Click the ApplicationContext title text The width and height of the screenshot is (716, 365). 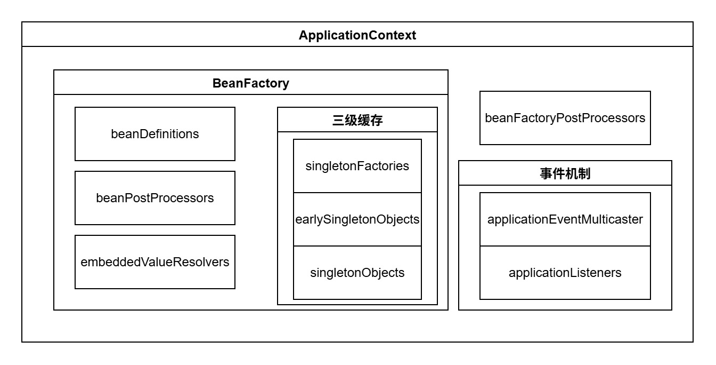[357, 35]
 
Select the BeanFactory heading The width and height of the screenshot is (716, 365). [250, 83]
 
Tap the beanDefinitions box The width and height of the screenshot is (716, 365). [154, 134]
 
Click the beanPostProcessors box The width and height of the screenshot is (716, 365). [154, 198]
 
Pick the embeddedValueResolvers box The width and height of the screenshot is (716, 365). [154, 262]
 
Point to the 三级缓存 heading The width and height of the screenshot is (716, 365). [357, 121]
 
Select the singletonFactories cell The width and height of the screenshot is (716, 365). [357, 166]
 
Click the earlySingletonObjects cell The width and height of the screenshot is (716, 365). [357, 219]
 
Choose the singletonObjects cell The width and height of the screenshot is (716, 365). [357, 273]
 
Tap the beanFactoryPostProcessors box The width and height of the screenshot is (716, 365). [565, 118]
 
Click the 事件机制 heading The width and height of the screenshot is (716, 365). [565, 174]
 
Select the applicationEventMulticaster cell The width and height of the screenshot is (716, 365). [565, 219]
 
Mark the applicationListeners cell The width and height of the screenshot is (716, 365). [565, 273]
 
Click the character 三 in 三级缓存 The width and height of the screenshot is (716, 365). [338, 121]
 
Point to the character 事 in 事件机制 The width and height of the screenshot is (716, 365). [546, 174]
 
